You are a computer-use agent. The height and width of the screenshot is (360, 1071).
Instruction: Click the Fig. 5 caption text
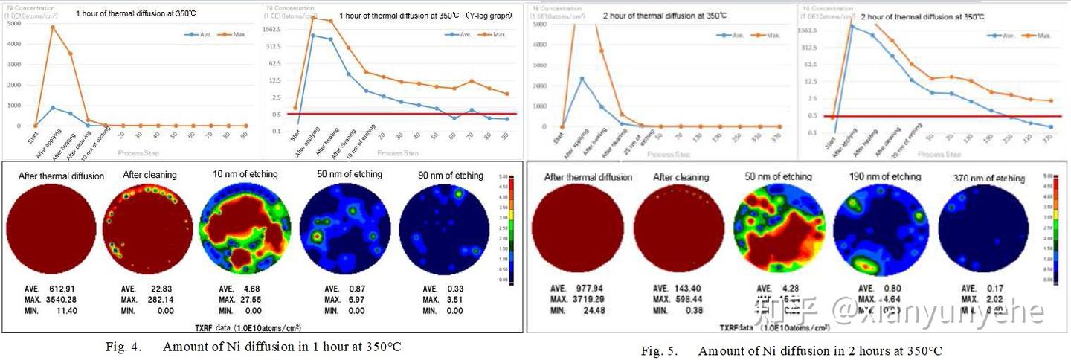[792, 351]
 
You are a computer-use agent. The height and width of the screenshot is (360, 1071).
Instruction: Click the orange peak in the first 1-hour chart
[53, 28]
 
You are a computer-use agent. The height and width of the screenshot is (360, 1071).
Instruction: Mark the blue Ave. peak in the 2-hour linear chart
[582, 78]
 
